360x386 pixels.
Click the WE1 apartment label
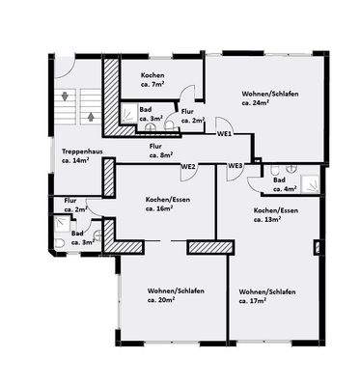tap(224, 133)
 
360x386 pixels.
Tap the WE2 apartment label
tap(188, 166)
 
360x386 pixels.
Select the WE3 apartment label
tap(235, 166)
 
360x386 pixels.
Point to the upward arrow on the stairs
tap(89, 116)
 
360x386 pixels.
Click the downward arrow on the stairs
tap(65, 96)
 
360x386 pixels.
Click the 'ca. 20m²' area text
tap(166, 301)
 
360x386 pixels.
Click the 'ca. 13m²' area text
tap(266, 220)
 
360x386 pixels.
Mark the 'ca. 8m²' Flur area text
tap(160, 153)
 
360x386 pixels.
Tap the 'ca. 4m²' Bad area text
tap(284, 189)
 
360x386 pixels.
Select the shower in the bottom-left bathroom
tap(62, 224)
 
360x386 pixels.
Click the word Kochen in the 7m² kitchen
tap(152, 75)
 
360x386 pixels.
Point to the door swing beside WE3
tap(253, 170)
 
